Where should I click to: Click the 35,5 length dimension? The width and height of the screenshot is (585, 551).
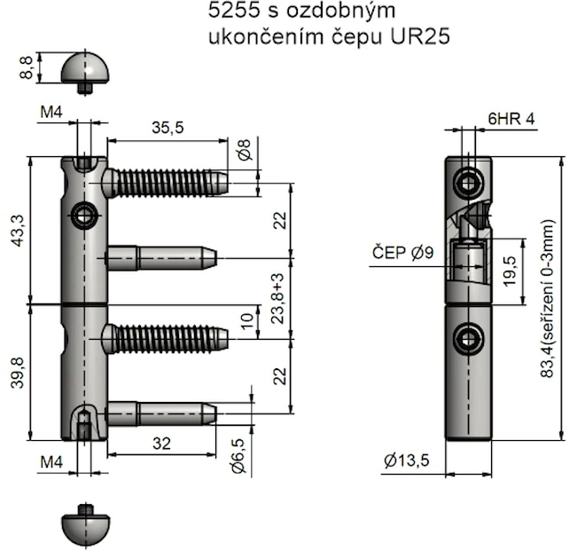(x=168, y=128)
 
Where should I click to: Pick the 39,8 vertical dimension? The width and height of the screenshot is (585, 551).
(x=19, y=372)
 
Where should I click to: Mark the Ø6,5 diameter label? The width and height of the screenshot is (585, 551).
(x=238, y=461)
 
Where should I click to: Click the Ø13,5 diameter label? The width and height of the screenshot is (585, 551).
(x=409, y=460)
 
